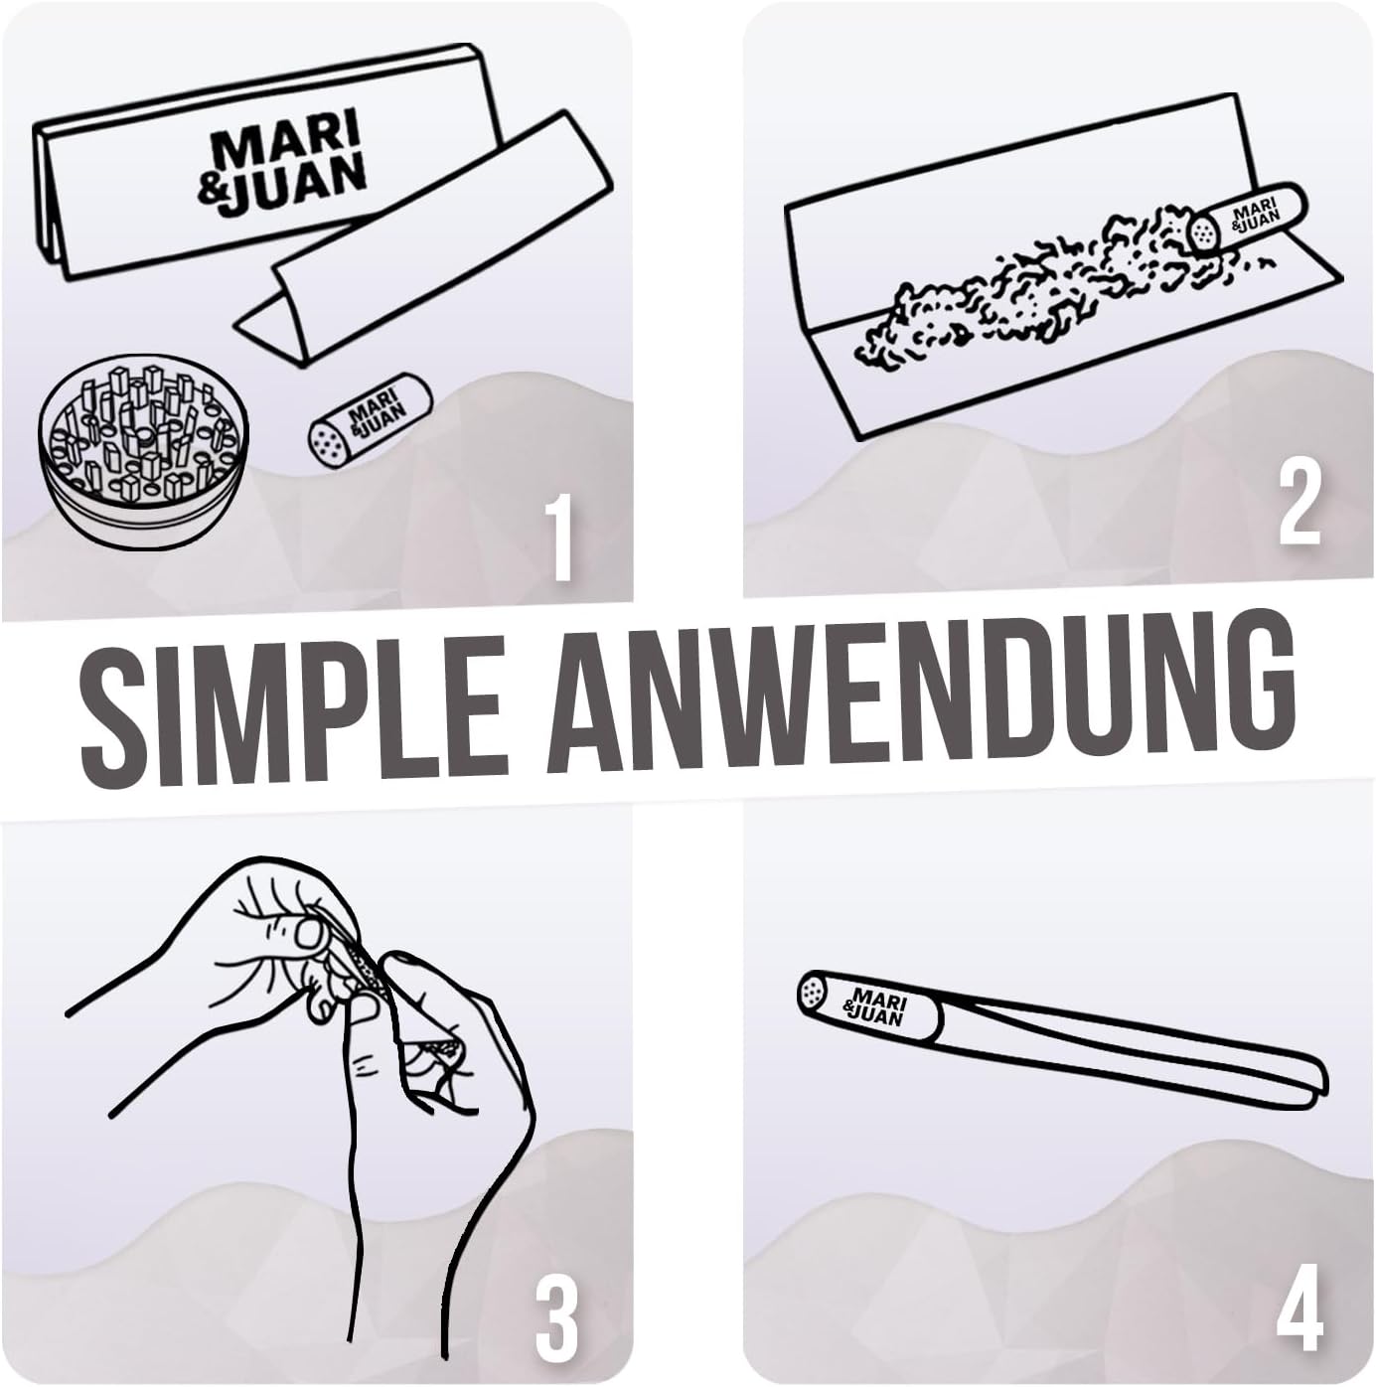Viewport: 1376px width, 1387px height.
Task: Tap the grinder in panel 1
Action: click(x=141, y=460)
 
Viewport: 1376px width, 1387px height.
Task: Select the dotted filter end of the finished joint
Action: click(x=813, y=994)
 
